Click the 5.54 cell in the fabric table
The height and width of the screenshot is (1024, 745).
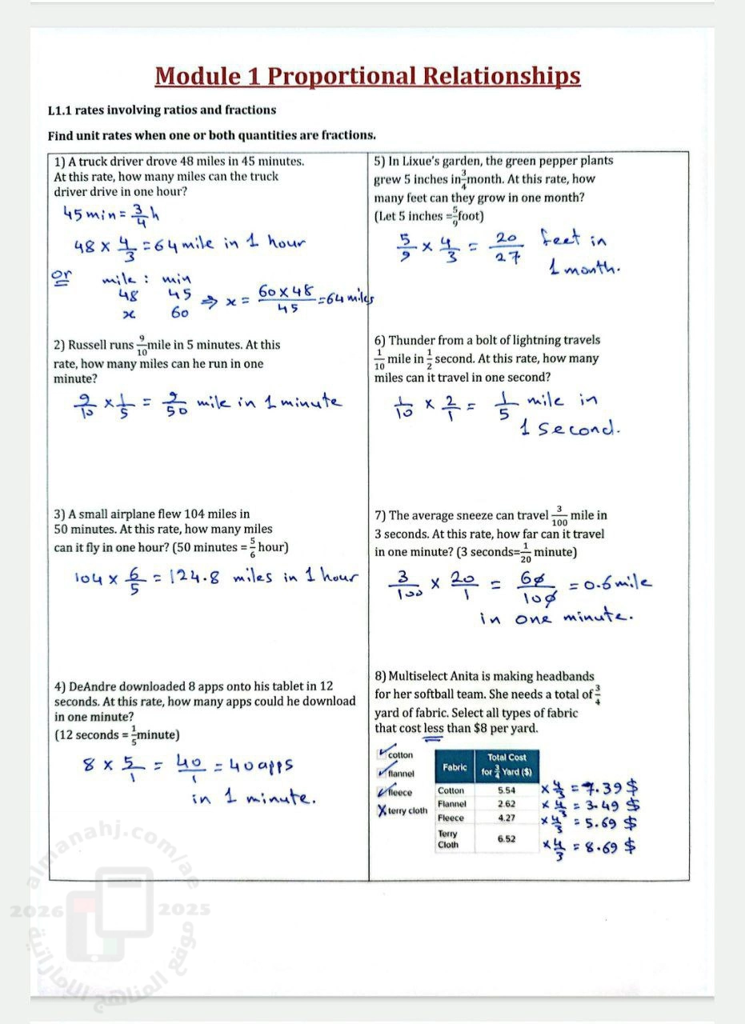pyautogui.click(x=507, y=790)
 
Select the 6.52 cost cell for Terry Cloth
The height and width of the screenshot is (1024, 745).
pyautogui.click(x=507, y=839)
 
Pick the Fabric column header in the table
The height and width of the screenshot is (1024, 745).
pyautogui.click(x=455, y=768)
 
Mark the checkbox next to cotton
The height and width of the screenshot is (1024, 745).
pyautogui.click(x=382, y=754)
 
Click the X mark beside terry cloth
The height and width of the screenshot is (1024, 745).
pyautogui.click(x=382, y=810)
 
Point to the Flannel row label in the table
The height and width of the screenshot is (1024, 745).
pyautogui.click(x=451, y=804)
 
